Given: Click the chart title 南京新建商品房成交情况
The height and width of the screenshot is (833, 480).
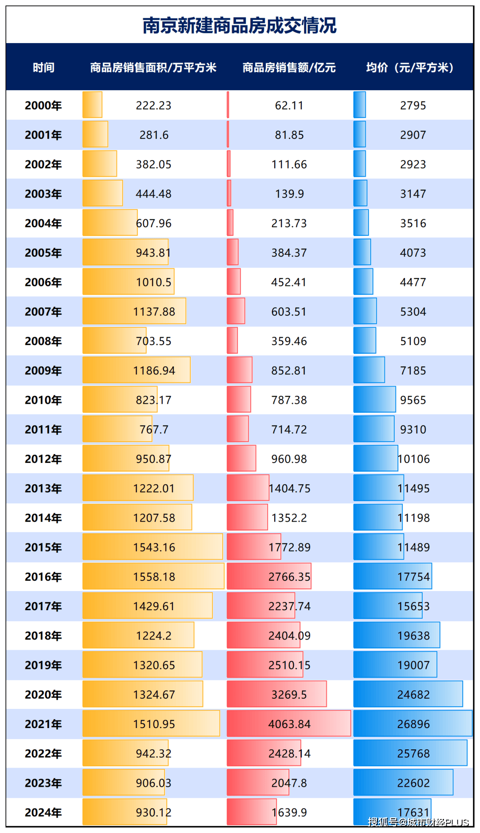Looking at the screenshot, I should point(240,25).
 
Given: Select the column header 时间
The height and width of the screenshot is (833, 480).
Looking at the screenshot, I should point(44,68).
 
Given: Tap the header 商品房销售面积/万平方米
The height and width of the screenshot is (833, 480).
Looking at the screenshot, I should point(153,68).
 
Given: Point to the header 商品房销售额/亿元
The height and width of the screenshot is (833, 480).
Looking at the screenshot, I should point(289,68).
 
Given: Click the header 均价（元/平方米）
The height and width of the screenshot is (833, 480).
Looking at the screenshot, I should point(410,68).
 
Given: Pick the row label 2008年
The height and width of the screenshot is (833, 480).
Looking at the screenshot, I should point(43,341).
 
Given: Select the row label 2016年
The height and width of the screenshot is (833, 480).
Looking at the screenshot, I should point(43,577).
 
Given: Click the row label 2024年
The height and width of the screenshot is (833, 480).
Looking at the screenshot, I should point(43,813).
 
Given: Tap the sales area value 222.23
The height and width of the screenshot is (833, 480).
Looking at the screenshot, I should point(153,105).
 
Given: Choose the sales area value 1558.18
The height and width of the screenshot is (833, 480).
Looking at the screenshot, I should point(154,577).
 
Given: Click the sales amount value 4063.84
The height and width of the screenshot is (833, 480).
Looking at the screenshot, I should point(289,724).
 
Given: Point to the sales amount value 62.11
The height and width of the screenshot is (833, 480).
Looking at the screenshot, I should point(289,105).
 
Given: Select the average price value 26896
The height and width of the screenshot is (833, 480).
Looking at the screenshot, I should point(413,724).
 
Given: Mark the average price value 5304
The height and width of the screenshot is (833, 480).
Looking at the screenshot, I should point(413,312).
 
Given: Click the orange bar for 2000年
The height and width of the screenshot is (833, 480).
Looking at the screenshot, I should point(92,105).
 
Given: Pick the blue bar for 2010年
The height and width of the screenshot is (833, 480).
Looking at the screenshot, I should point(374,399).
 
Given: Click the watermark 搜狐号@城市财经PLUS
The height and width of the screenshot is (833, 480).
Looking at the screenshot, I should point(418,822).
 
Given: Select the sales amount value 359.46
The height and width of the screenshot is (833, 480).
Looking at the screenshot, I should point(289,341).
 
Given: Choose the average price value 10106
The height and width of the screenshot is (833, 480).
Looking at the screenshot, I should point(414,459).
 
